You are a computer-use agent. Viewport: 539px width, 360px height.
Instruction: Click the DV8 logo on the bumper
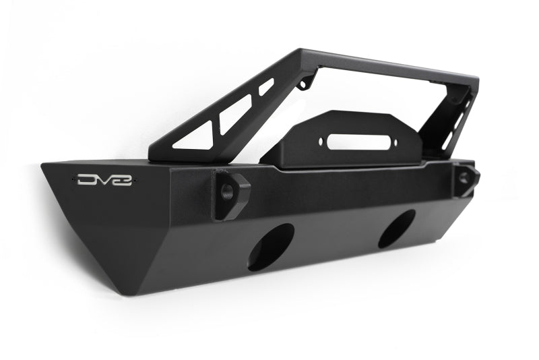point(104,180)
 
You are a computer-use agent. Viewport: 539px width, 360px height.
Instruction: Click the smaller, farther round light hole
point(397,229)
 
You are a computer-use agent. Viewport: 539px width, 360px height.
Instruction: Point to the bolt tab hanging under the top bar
point(307,82)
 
